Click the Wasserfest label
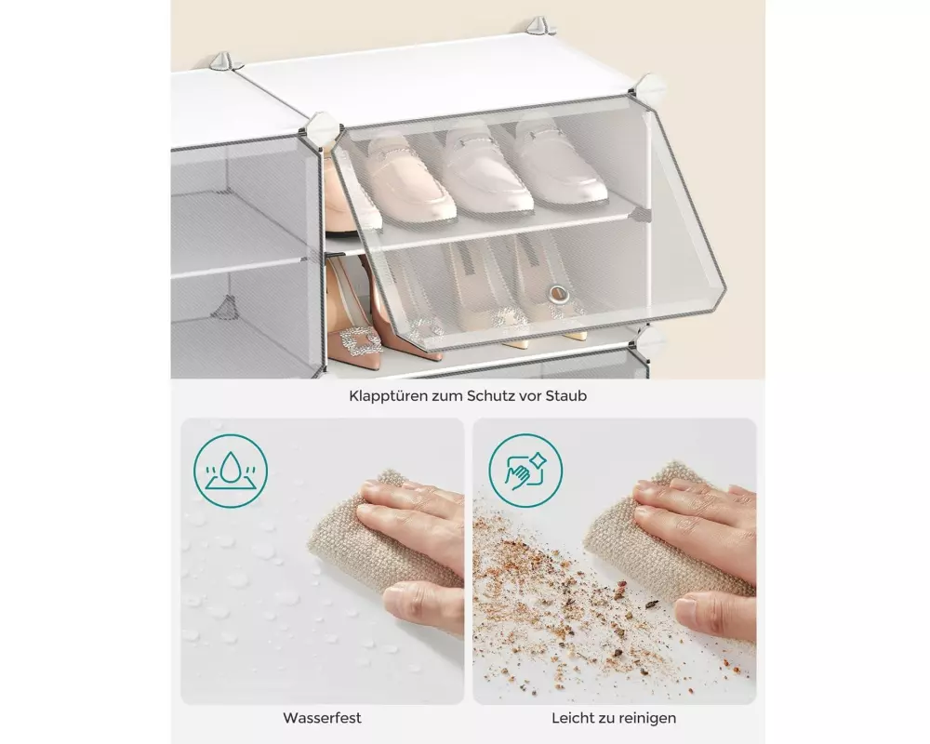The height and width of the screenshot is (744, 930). (x=322, y=718)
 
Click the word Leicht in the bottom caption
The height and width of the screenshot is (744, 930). (x=572, y=718)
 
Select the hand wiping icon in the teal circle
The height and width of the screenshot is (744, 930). (x=525, y=472)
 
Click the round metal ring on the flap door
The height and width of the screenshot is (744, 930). (x=557, y=293)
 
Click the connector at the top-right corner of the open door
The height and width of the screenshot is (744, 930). (x=651, y=87)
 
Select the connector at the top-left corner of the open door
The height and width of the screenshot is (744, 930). (x=324, y=127)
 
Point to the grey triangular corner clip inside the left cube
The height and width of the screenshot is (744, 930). (x=227, y=307)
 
